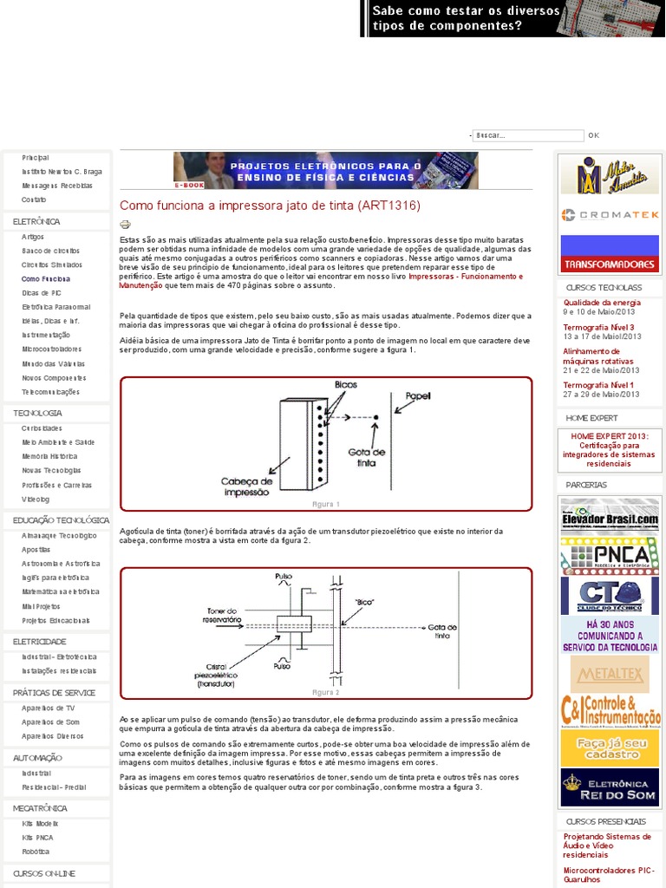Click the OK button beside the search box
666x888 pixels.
(593, 135)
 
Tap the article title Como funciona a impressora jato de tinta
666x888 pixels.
(270, 206)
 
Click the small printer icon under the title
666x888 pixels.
(125, 224)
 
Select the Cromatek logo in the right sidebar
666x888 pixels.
(610, 214)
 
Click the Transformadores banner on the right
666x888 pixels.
(610, 254)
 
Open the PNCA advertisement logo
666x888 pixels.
(610, 555)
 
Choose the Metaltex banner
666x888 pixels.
(610, 674)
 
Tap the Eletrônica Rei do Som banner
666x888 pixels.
(610, 787)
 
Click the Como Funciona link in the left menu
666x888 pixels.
(46, 279)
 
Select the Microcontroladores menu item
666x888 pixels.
(52, 349)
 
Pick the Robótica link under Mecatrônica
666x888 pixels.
(36, 852)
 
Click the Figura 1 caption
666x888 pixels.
(326, 504)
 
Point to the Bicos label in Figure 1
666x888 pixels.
(345, 384)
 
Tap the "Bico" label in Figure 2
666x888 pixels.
(364, 600)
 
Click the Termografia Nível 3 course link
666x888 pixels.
(598, 327)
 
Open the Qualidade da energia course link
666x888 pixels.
(602, 302)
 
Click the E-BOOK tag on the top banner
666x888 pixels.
(189, 185)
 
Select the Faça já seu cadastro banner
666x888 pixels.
(610, 748)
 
